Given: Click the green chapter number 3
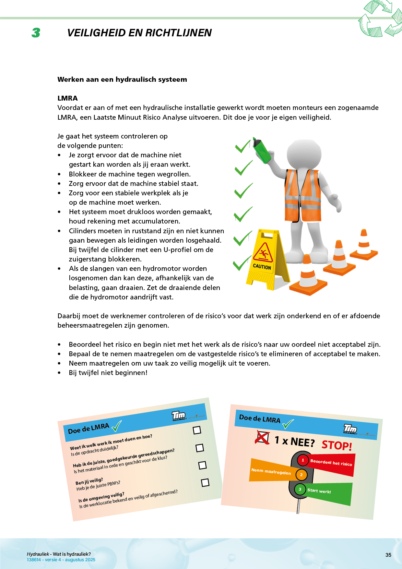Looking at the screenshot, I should pos(36,33).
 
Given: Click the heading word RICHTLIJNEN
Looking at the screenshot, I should pos(178,33).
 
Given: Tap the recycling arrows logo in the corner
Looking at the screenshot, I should pos(380,19).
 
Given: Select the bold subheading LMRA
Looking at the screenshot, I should pos(67,98).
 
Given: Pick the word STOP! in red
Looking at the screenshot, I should pos(337,445).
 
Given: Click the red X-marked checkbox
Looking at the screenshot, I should pos(262,438).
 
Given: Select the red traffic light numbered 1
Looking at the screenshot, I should pos(303,460).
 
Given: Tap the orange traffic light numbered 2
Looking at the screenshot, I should pos(301,475).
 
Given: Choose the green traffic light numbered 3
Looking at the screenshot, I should pos(300,489).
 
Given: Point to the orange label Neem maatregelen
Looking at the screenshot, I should pos(271,471).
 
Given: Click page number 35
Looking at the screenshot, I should pos(388,555).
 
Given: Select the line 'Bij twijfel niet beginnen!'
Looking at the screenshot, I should pos(108,373).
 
